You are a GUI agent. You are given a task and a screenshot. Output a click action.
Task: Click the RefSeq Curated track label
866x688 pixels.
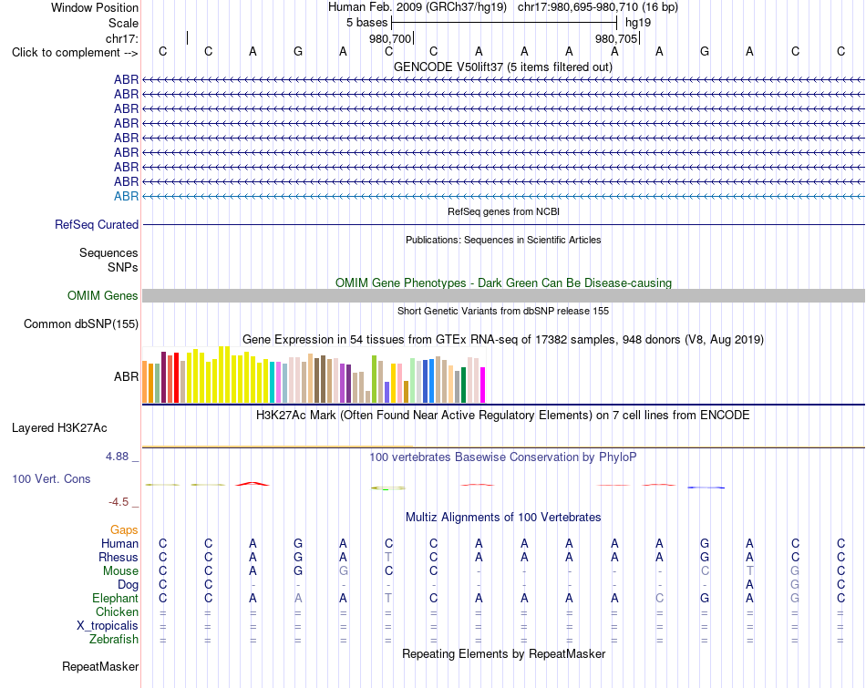tap(97, 225)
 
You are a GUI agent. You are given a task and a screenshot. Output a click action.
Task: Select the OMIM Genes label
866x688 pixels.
tap(103, 295)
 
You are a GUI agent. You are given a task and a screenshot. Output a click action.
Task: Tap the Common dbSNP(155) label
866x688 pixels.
tap(81, 323)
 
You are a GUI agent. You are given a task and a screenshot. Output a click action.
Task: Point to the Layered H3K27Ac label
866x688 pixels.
tap(59, 428)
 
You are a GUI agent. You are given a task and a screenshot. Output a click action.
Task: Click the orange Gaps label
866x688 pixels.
tap(124, 530)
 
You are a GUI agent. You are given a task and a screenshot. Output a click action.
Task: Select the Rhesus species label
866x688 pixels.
tap(119, 557)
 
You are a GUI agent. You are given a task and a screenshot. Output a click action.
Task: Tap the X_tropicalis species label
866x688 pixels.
tap(108, 626)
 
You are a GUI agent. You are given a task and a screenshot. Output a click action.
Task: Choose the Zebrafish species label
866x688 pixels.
tap(114, 640)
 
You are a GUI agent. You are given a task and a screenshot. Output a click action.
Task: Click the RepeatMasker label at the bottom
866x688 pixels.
tap(100, 666)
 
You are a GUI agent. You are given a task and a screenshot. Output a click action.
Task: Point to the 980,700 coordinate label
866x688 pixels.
tap(390, 38)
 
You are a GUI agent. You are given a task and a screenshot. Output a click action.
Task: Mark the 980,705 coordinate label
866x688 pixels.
tap(616, 38)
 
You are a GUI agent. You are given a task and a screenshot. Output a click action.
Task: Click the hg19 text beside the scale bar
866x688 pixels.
tap(638, 23)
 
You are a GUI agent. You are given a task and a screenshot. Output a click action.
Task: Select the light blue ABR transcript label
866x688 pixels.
tap(127, 197)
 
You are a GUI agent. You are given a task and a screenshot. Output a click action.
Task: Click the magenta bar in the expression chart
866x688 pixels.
tap(483, 385)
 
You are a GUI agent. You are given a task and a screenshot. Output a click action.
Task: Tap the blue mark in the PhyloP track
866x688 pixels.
tap(706, 488)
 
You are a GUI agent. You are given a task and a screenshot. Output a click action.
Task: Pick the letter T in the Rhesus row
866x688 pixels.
tap(388, 557)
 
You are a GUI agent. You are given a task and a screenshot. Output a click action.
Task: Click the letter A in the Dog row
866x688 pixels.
tap(749, 584)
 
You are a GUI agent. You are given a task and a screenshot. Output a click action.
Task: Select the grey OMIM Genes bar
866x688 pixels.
tap(503, 295)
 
